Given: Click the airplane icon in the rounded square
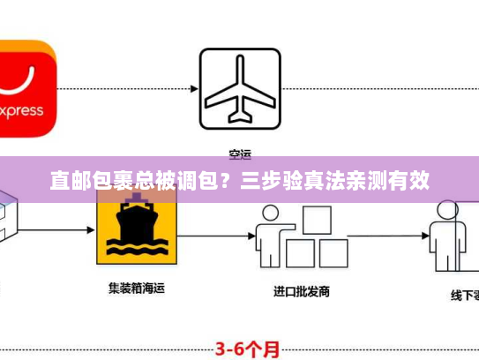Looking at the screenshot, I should pyautogui.click(x=239, y=87).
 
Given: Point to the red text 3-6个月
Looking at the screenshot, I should pyautogui.click(x=250, y=348).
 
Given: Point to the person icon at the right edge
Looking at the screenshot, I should pyautogui.click(x=445, y=233).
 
